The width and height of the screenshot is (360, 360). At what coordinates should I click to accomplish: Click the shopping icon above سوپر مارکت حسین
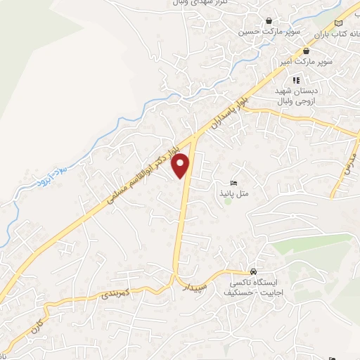point(269,21)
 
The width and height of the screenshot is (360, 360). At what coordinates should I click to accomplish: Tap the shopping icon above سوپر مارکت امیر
point(306,51)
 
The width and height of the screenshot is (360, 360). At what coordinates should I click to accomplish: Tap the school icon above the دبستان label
point(296,80)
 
